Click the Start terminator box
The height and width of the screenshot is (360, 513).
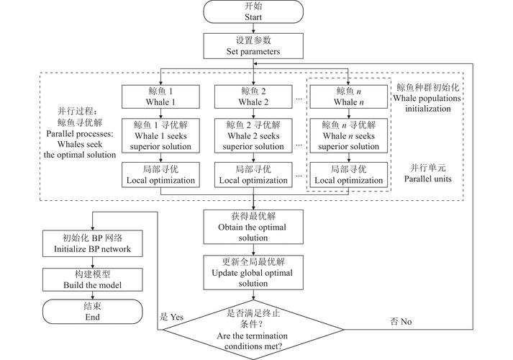coord(256,11)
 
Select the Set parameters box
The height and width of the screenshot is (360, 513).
coord(256,46)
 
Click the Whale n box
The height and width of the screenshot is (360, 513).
coord(350,96)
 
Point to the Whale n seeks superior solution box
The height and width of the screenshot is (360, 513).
coord(350,135)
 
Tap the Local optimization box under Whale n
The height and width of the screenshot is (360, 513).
coord(350,174)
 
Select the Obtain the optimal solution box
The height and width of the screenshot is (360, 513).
coord(256,227)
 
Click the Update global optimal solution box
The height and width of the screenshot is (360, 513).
coord(256,272)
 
